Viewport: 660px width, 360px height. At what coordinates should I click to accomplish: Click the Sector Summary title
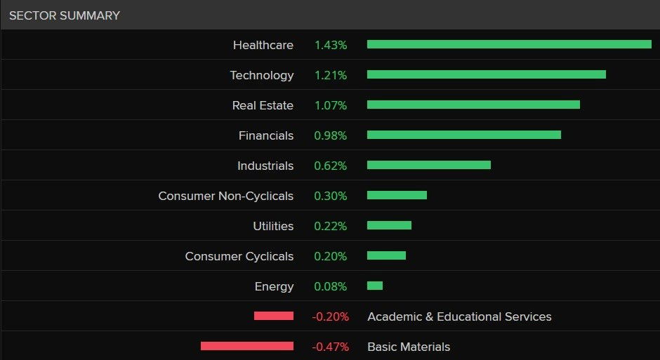[x=64, y=15]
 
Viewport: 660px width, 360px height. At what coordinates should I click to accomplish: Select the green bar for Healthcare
[x=509, y=44]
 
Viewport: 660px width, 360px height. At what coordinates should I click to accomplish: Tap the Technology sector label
[x=261, y=75]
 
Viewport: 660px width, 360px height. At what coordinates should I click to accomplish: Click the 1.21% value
[x=330, y=75]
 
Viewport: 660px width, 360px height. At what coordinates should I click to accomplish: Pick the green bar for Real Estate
[x=473, y=105]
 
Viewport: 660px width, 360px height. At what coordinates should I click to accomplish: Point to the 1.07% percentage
[x=330, y=105]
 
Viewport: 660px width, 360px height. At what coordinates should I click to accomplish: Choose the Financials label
[x=265, y=135]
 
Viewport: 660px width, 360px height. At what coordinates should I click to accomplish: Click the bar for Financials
[x=463, y=135]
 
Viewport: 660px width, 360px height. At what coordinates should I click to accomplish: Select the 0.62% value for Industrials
[x=330, y=166]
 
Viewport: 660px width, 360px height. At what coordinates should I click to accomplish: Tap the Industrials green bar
[x=428, y=165]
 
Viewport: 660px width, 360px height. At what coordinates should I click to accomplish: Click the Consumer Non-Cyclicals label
[x=225, y=196]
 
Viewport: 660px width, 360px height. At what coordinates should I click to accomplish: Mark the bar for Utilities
[x=389, y=225]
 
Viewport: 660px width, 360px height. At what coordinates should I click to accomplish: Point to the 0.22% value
[x=330, y=226]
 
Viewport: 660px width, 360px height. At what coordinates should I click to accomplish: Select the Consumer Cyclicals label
[x=239, y=256]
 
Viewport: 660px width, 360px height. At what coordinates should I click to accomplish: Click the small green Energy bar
[x=375, y=286]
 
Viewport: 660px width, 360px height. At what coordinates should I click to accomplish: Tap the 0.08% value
[x=330, y=286]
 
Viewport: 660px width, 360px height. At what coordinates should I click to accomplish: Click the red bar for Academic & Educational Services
[x=274, y=316]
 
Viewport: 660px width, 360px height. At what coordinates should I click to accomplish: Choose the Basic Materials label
[x=409, y=347]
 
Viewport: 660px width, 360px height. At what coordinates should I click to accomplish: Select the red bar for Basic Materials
[x=247, y=346]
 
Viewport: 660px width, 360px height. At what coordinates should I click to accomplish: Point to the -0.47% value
[x=330, y=347]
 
